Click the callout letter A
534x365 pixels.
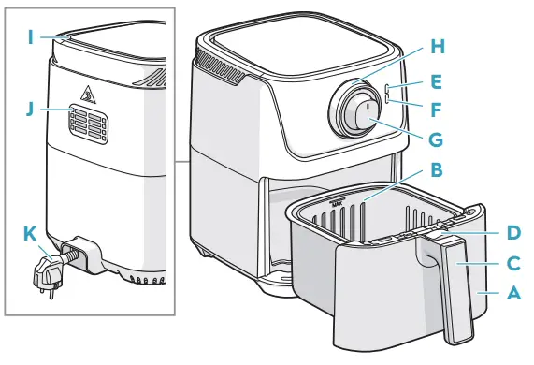click(512, 293)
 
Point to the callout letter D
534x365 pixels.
click(512, 231)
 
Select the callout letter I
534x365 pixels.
click(30, 38)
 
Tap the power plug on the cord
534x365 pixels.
click(46, 274)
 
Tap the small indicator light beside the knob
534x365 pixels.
click(386, 90)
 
